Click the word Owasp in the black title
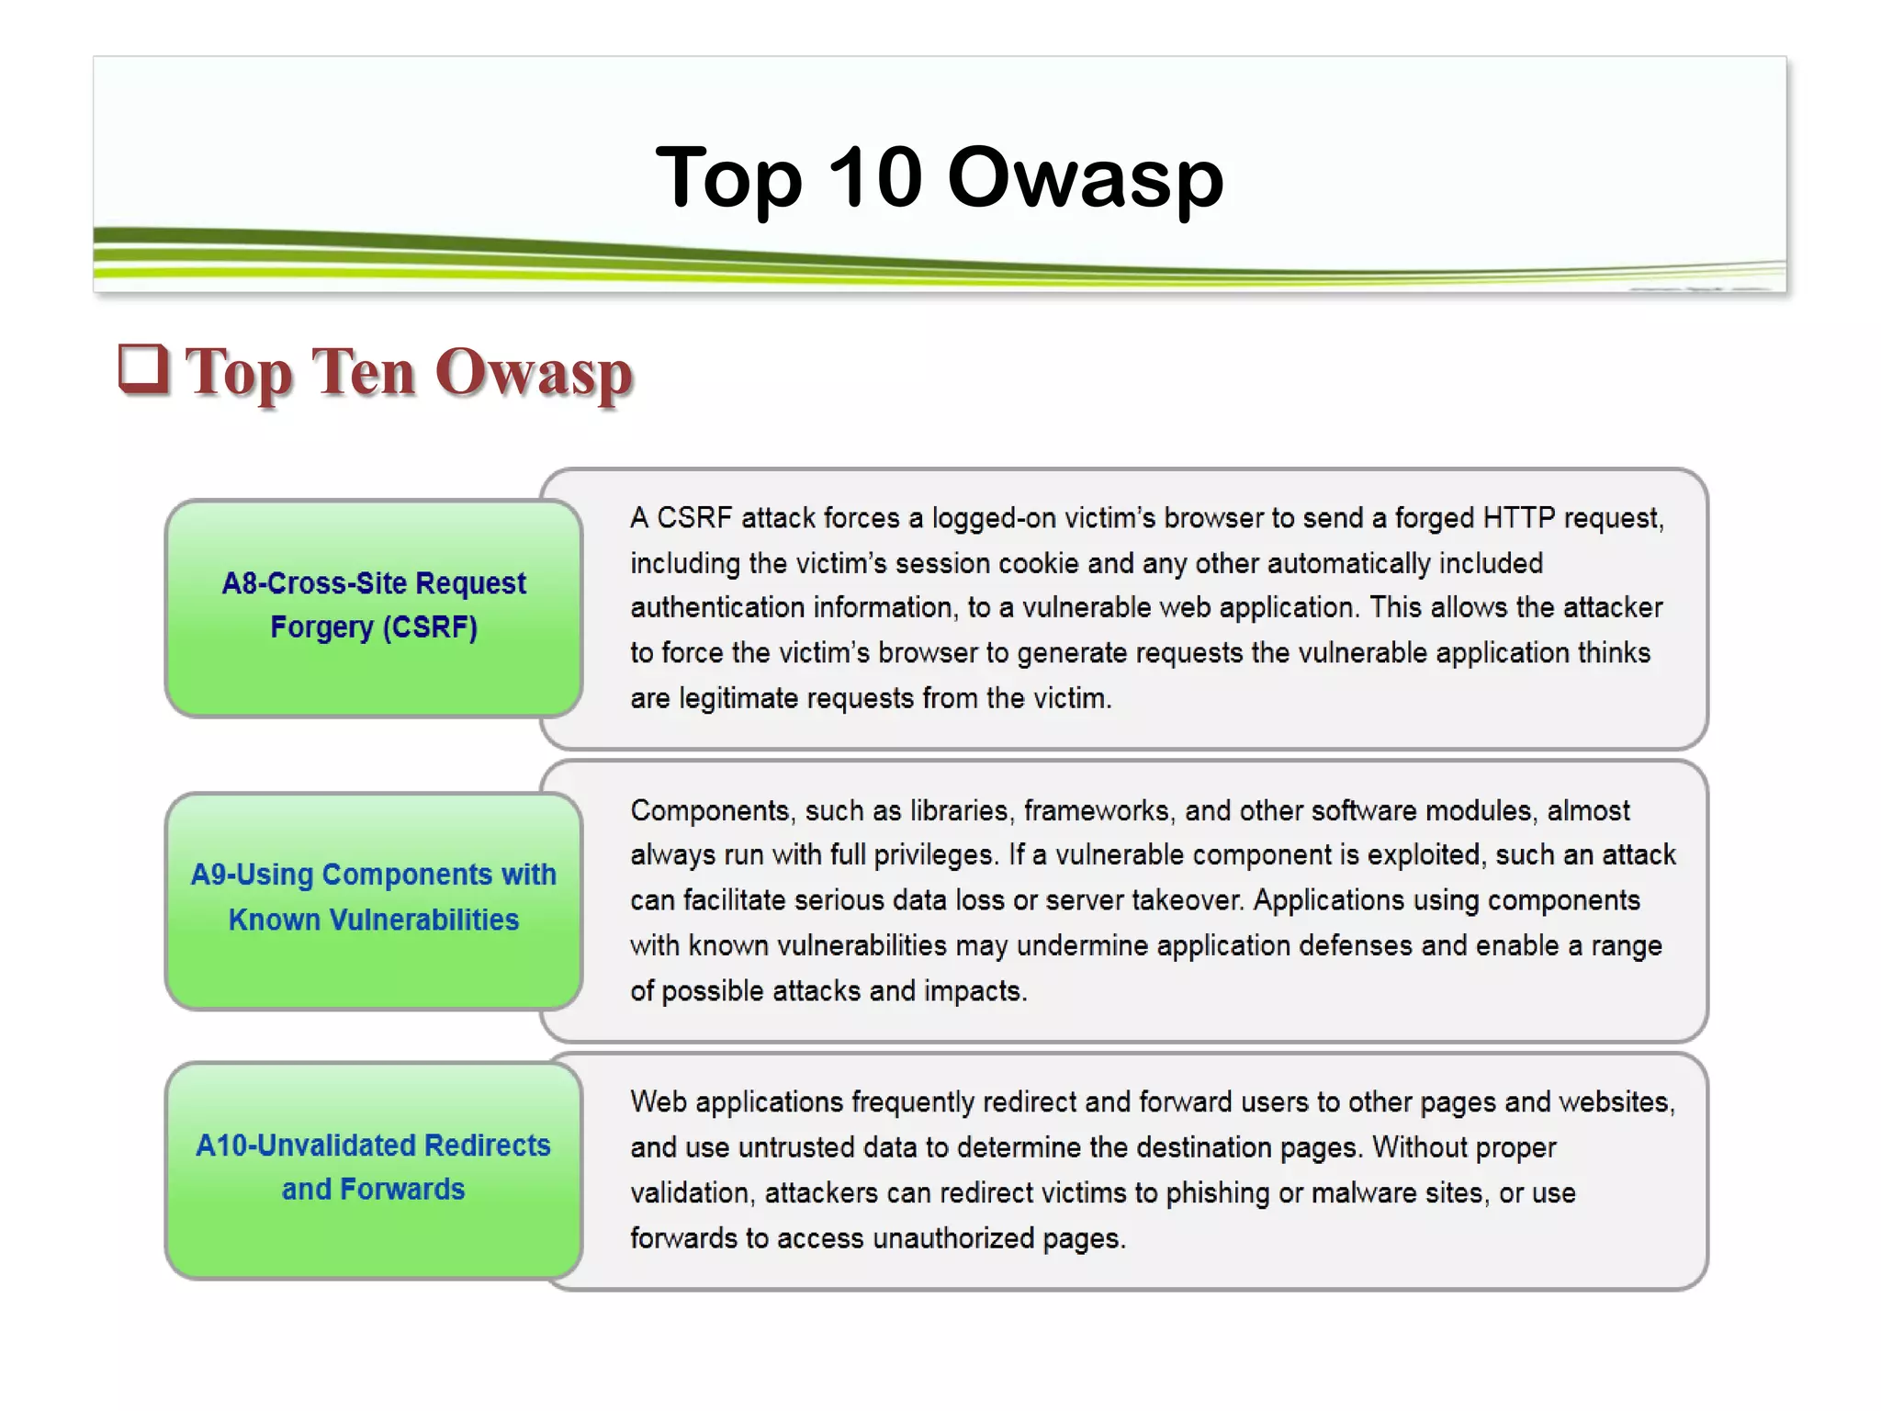click(1086, 178)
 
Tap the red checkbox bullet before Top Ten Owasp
click(143, 369)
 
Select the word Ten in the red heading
click(363, 372)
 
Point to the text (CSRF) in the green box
click(430, 627)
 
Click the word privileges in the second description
click(933, 855)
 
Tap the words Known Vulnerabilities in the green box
click(374, 920)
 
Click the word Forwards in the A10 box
click(401, 1190)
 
